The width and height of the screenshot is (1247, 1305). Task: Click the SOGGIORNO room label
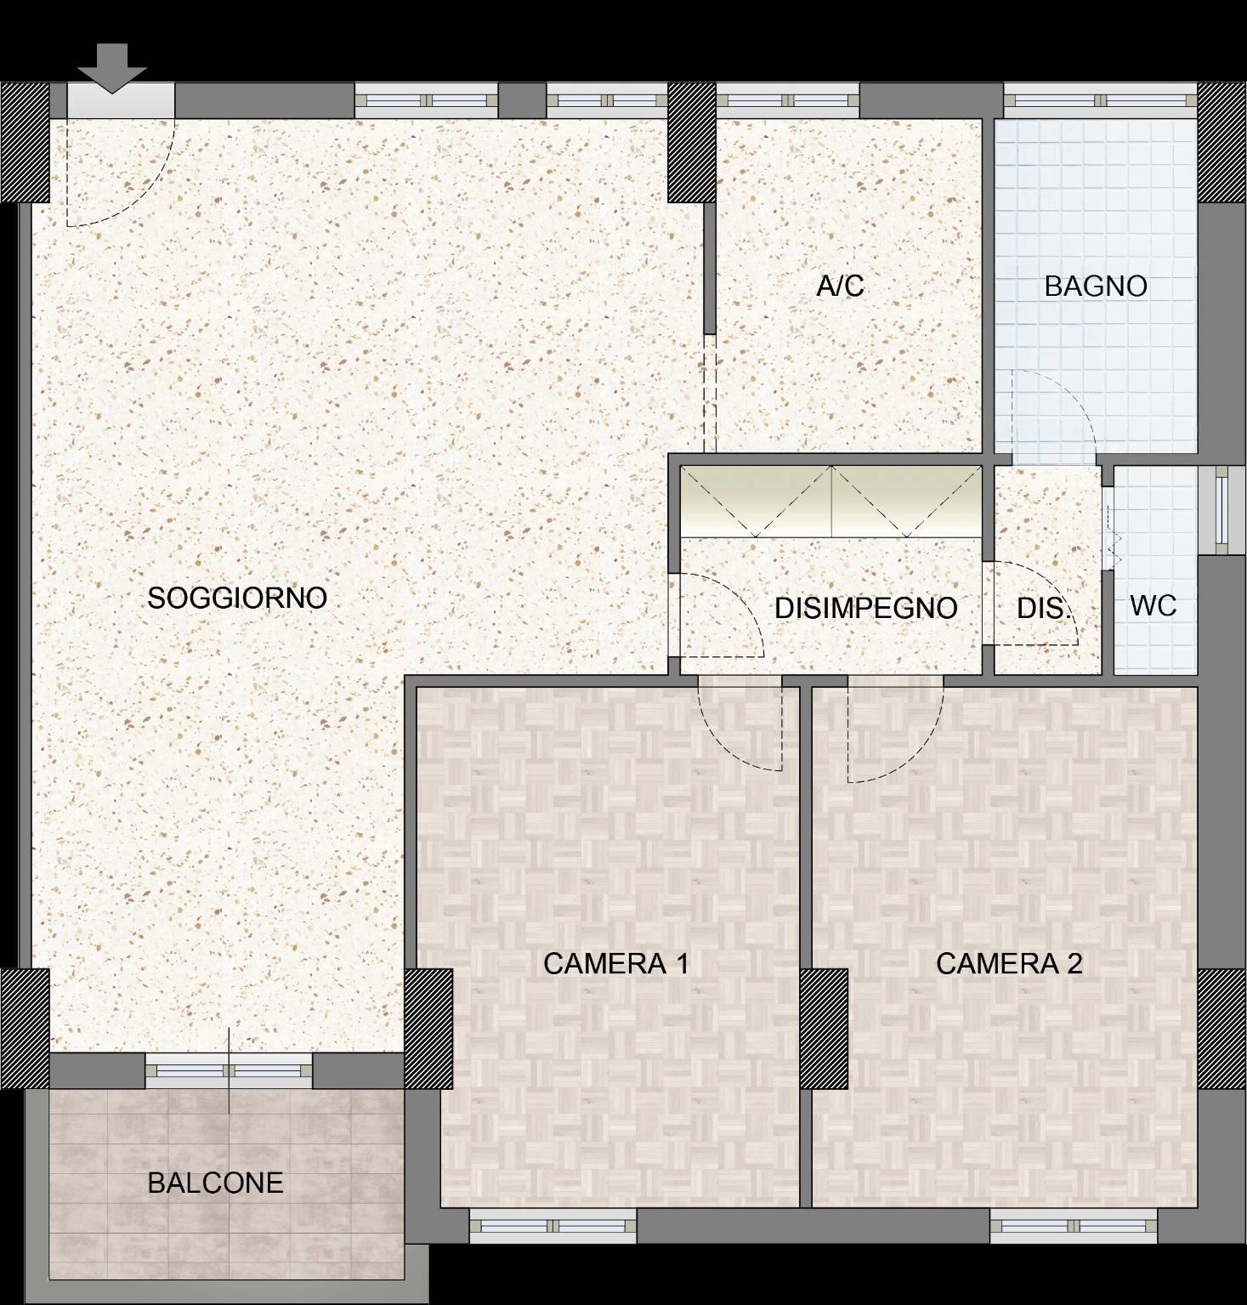click(237, 598)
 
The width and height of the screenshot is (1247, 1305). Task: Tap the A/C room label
click(841, 286)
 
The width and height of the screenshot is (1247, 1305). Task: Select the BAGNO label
click(1096, 287)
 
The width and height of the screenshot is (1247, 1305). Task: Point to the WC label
click(1153, 606)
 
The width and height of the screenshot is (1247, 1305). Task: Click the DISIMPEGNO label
click(866, 608)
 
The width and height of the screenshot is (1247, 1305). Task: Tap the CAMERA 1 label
click(615, 963)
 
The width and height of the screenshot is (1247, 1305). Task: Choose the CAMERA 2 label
click(1009, 963)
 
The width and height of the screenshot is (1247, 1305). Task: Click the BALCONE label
click(215, 1183)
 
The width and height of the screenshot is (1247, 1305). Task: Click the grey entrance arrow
click(112, 68)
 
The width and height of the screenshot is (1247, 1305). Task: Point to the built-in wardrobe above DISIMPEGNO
click(830, 502)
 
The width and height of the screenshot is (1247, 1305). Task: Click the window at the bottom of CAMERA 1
click(553, 1226)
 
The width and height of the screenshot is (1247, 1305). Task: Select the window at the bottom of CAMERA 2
click(1074, 1226)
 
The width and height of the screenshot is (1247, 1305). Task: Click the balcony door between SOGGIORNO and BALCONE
click(229, 1070)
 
